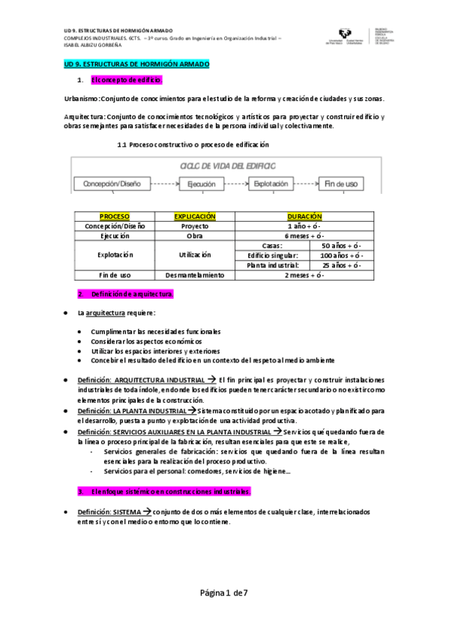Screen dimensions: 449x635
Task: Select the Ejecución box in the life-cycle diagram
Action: point(201,183)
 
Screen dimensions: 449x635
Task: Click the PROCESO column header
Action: point(115,216)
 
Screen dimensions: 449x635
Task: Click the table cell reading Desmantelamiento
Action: point(195,275)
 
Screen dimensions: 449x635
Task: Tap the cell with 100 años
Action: point(340,255)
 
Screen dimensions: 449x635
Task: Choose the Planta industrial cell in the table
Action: point(273,265)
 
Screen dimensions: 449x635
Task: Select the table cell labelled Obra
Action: point(195,236)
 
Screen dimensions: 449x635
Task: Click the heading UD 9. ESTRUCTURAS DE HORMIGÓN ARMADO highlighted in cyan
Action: point(136,65)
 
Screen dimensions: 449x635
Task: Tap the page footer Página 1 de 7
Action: point(224,593)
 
